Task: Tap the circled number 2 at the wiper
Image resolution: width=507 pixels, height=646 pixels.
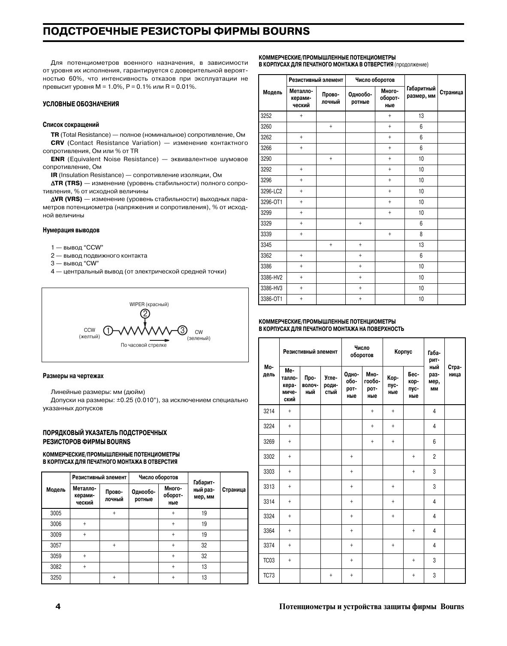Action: [x=145, y=314]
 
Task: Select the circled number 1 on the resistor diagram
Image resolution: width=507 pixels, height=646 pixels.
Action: [x=108, y=331]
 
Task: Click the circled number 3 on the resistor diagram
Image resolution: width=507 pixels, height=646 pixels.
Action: [x=182, y=330]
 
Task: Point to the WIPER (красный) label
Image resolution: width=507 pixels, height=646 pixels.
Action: [x=149, y=304]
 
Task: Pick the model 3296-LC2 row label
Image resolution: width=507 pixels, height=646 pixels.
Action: [x=271, y=191]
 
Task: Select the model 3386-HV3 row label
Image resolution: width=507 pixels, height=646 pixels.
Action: [x=271, y=288]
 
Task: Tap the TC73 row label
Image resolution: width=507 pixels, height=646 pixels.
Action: [x=269, y=575]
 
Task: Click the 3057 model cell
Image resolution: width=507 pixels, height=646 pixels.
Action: [x=56, y=545]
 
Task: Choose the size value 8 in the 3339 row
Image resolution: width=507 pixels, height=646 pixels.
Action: [x=421, y=234]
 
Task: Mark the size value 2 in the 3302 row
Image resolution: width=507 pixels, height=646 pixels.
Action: [x=434, y=457]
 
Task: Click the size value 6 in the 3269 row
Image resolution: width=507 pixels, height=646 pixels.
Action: [x=434, y=442]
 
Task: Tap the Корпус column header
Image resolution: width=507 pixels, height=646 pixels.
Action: [x=403, y=352]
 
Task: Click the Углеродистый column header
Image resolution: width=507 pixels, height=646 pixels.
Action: [x=331, y=385]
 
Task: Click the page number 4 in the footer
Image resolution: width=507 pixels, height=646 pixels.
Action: [x=58, y=606]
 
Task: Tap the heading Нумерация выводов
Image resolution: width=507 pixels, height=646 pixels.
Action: [x=71, y=230]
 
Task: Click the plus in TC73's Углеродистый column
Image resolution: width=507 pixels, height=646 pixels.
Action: [x=331, y=575]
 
